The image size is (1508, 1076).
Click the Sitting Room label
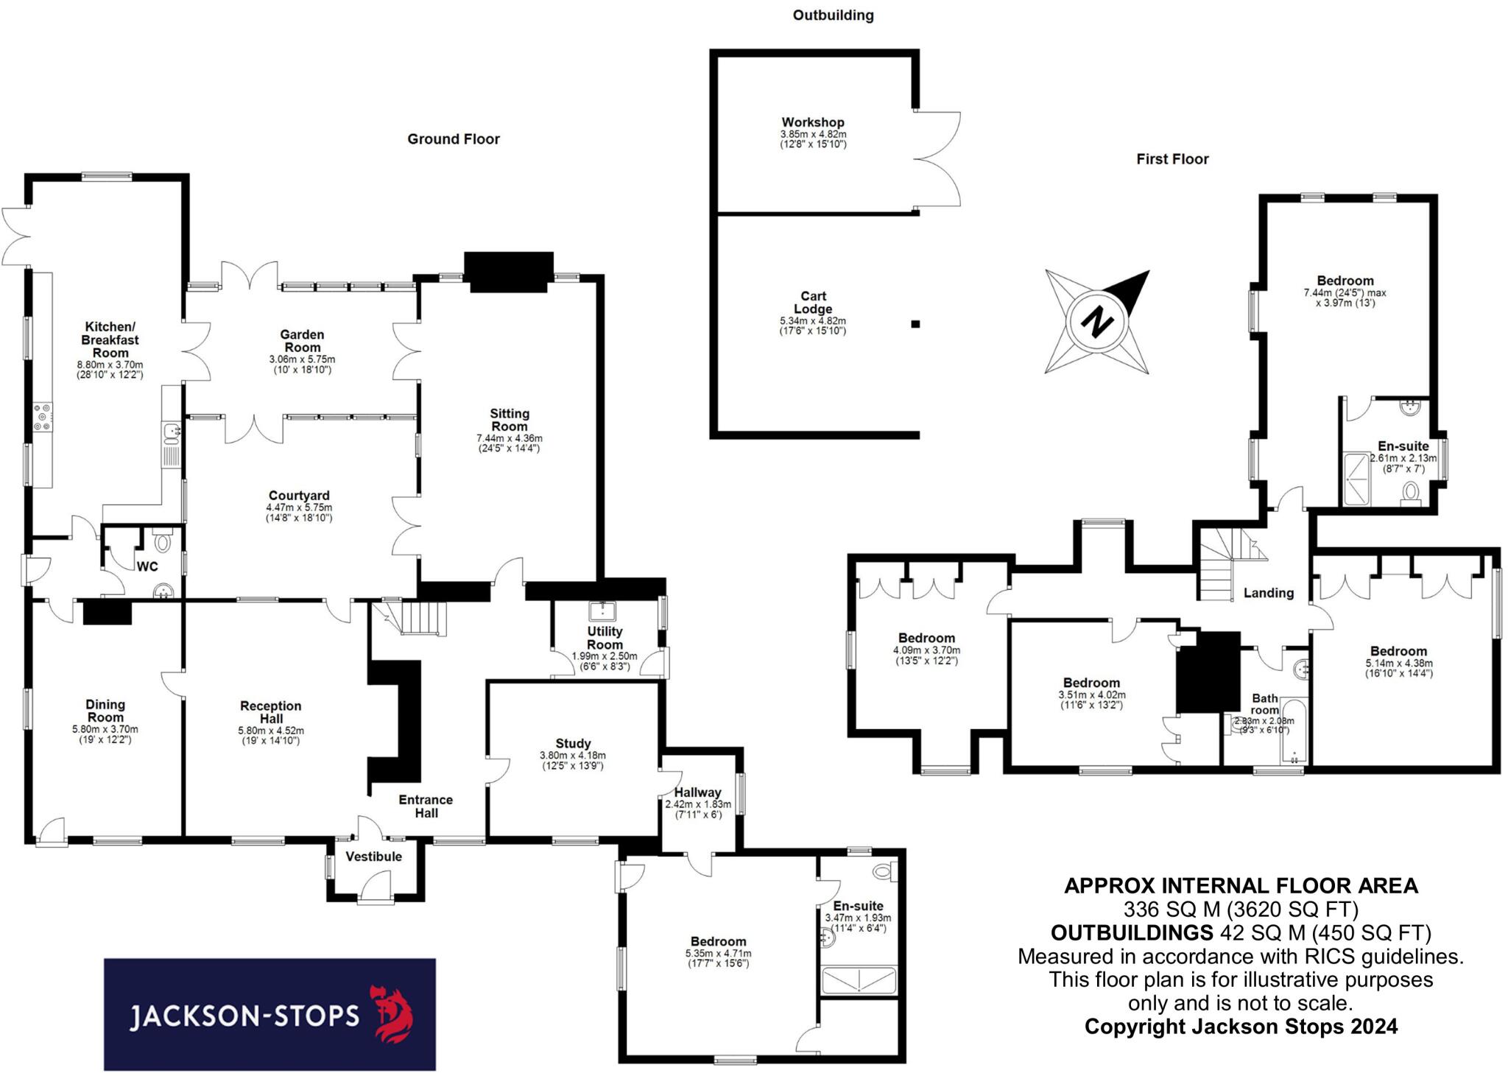pyautogui.click(x=509, y=420)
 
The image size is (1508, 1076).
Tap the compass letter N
pyautogui.click(x=1097, y=322)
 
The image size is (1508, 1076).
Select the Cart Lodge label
pyautogui.click(x=813, y=303)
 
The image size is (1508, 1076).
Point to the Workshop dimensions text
pyautogui.click(x=813, y=140)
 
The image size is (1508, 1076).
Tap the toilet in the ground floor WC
pyautogui.click(x=162, y=542)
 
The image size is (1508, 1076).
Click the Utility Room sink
pyautogui.click(x=603, y=611)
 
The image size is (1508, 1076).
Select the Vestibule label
pyautogui.click(x=374, y=857)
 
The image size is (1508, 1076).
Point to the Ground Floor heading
pyautogui.click(x=454, y=139)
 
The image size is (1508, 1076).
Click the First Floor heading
pyautogui.click(x=1172, y=159)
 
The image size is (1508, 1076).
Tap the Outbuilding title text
pyautogui.click(x=833, y=15)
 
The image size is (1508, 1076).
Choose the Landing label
pyautogui.click(x=1268, y=593)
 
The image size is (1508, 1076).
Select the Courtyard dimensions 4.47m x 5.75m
pyautogui.click(x=299, y=507)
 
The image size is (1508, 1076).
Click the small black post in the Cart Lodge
pyautogui.click(x=915, y=323)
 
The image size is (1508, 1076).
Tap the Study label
pyautogui.click(x=573, y=744)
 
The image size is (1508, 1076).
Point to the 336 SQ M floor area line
pyautogui.click(x=1241, y=909)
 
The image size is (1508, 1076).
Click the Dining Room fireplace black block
pyautogui.click(x=107, y=613)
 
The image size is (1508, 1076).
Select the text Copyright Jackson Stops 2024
pyautogui.click(x=1241, y=1027)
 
